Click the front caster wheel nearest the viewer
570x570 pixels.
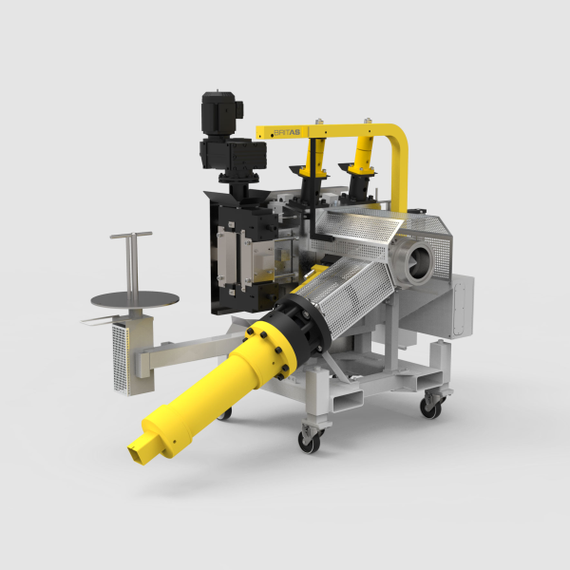(x=308, y=440)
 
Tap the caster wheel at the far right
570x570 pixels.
(x=430, y=405)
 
